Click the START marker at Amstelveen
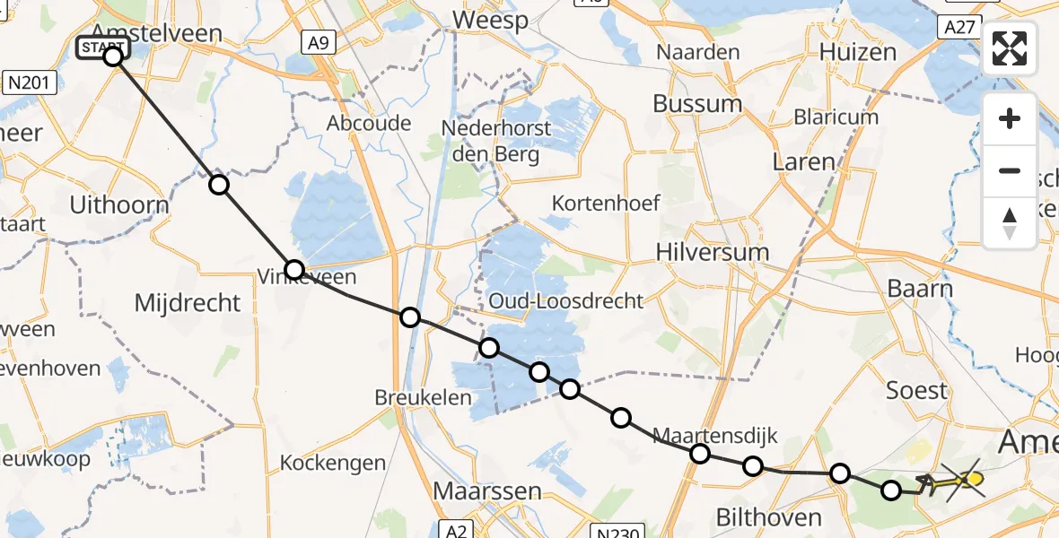pos(103,48)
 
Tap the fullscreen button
pos(1010,48)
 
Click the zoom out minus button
pos(1010,170)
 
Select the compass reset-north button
pos(1010,222)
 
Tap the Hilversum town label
pos(713,252)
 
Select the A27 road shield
pos(959,28)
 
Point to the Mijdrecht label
pos(188,303)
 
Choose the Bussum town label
pos(697,104)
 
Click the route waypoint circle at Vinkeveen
pos(294,269)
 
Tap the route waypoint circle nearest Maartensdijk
pos(700,455)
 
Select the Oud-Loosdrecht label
pos(566,300)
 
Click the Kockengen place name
pos(333,464)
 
